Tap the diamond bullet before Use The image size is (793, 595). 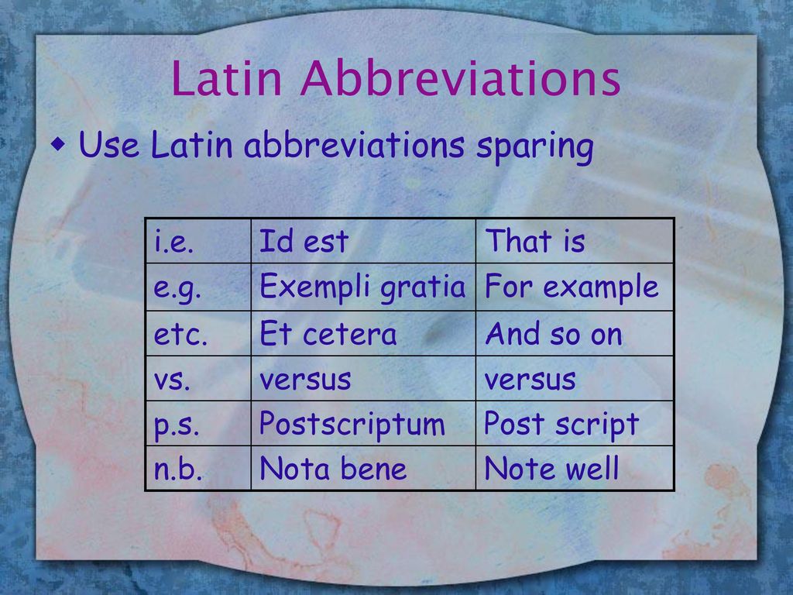[59, 145]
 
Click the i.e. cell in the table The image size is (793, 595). [198, 241]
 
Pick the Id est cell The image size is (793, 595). [363, 241]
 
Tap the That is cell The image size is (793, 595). [575, 241]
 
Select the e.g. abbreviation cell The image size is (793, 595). [198, 287]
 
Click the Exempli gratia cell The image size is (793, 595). [363, 287]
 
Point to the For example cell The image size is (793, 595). [575, 287]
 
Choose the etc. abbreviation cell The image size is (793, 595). [198, 333]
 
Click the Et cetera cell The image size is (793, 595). [363, 333]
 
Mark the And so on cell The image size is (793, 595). [575, 333]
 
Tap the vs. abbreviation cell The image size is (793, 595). [198, 378]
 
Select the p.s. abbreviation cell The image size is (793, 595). [198, 424]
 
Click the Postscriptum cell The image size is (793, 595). [363, 424]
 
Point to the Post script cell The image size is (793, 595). [575, 424]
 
